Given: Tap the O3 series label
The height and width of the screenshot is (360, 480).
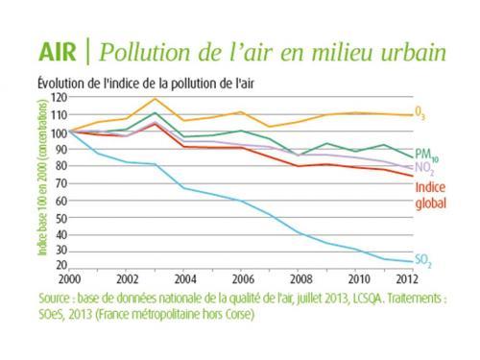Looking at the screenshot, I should pyautogui.click(x=420, y=115).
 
